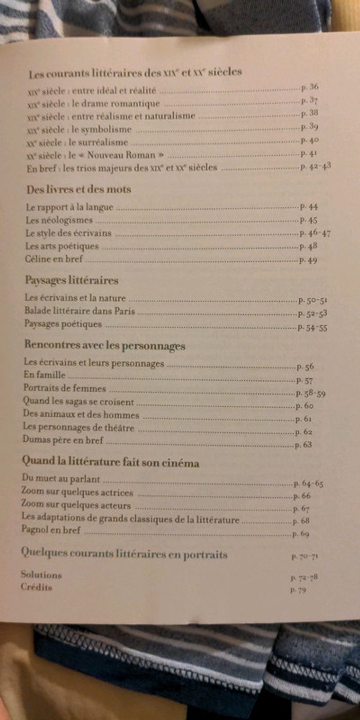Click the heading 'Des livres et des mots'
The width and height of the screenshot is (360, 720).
tap(79, 189)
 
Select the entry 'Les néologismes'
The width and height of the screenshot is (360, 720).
tap(59, 220)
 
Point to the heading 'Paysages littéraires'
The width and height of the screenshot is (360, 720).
tap(71, 280)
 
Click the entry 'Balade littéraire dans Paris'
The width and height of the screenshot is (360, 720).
tap(80, 311)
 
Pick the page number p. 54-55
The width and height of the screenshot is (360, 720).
tap(312, 328)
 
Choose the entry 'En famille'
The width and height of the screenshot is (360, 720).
tap(45, 376)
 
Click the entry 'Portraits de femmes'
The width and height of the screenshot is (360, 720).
tap(64, 389)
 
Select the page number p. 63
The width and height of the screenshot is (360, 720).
tap(303, 445)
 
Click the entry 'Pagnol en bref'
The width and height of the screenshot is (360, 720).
tap(51, 530)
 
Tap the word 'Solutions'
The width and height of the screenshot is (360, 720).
tap(41, 574)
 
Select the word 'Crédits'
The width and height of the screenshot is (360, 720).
tap(37, 587)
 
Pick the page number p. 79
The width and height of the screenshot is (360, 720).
tap(298, 591)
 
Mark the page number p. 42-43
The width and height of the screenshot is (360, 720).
tap(315, 167)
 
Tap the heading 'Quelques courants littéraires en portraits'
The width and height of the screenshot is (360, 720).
tap(124, 554)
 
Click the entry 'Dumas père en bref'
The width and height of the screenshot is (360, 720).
tap(63, 440)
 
